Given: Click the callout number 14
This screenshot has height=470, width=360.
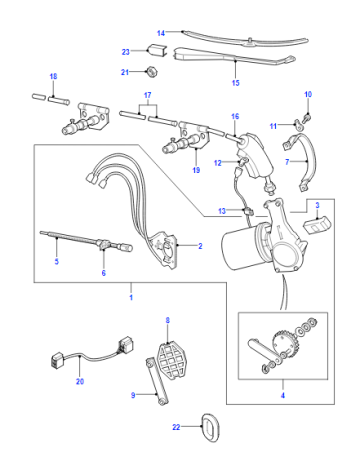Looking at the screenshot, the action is coord(161,33).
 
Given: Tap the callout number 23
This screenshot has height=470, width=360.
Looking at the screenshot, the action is coord(125,52).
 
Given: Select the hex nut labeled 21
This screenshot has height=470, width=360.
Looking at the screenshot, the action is coord(152,71).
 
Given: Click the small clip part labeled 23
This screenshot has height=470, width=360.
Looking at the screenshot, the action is coord(157,50).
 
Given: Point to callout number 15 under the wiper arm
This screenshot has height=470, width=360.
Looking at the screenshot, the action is coord(236,83).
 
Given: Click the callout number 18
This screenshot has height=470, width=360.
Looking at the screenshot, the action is coord(53,76).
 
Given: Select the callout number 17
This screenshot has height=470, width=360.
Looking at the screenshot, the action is coord(148,95).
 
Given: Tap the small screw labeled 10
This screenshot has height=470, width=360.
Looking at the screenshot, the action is coord(307,117).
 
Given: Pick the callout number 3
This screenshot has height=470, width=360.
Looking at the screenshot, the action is coord(317,205).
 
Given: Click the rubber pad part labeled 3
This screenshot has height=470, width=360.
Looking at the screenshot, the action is coord(316,225).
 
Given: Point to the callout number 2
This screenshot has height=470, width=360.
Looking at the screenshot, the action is coord(200,246).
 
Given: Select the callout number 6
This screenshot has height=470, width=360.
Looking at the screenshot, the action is coord(104,273).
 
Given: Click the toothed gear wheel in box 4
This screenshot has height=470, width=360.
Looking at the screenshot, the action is coord(284,343).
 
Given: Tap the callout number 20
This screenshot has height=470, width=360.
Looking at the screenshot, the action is coord(80,381).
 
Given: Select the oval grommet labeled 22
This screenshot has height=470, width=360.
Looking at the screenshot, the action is coord(211,428).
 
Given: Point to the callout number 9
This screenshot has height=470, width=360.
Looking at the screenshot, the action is coord(133,395).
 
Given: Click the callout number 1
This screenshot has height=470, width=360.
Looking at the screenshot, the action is coord(131,297).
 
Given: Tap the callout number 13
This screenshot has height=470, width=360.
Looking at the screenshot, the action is coord(222,211).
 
